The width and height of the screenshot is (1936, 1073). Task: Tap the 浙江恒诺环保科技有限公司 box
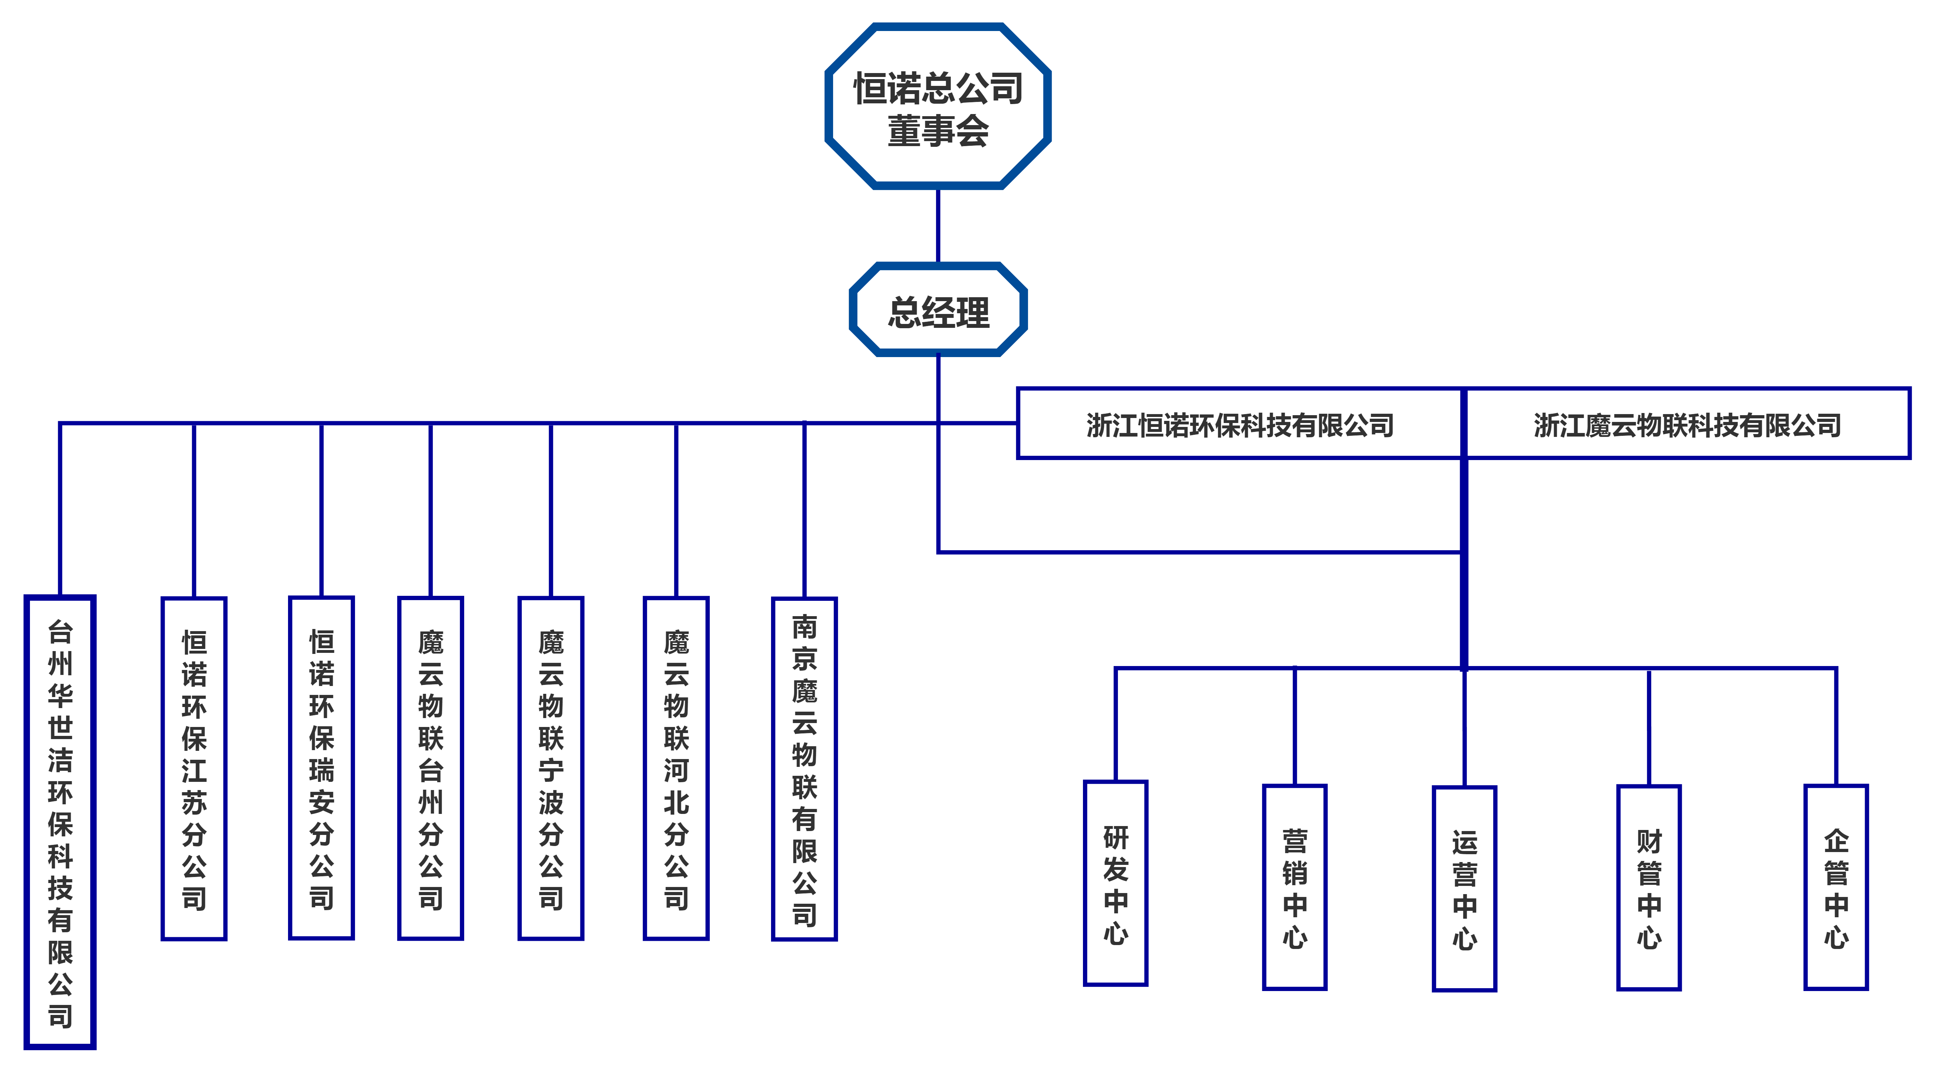[1238, 424]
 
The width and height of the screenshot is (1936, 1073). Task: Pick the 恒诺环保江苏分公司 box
[194, 768]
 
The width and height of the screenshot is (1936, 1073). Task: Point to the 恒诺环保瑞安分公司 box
[322, 768]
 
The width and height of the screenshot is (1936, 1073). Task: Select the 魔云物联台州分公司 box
[431, 768]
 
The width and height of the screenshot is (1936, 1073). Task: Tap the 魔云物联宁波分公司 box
[551, 768]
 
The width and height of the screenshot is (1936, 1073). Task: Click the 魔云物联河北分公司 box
[676, 768]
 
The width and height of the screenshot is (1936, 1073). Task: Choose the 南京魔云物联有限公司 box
[804, 768]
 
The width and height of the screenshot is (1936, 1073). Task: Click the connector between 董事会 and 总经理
[938, 226]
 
